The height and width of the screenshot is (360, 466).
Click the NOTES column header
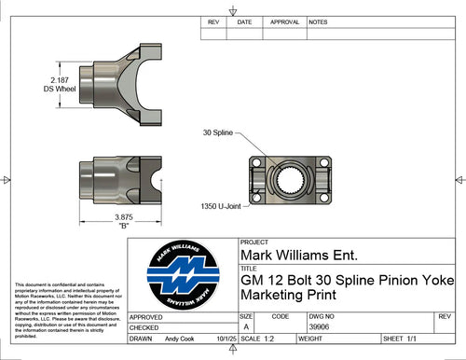(x=318, y=21)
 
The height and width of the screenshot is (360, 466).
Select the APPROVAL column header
(x=283, y=21)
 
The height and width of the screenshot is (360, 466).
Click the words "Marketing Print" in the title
(x=288, y=297)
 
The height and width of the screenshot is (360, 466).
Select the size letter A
(x=246, y=327)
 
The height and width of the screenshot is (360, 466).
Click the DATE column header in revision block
(x=244, y=21)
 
